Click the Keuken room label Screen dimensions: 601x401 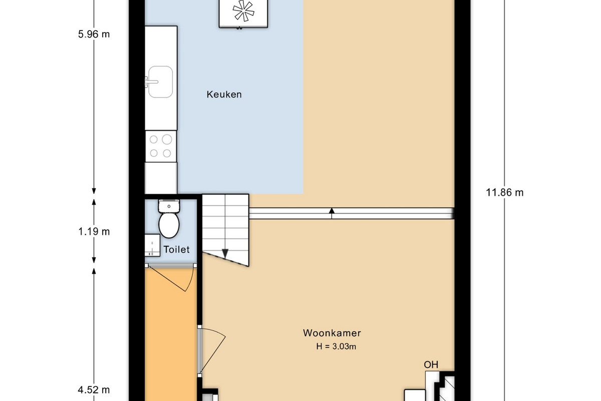(224, 95)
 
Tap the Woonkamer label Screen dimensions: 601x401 (332, 333)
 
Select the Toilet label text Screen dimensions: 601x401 (176, 250)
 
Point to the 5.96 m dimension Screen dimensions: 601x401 (94, 35)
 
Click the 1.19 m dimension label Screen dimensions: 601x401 (94, 232)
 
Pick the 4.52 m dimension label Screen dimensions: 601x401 (94, 390)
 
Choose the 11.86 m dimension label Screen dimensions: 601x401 (505, 192)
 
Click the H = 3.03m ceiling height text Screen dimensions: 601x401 (336, 346)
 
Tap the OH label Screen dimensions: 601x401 (431, 365)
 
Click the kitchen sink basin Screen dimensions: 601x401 (160, 82)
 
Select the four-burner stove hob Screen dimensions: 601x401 (161, 146)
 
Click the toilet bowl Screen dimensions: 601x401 (169, 225)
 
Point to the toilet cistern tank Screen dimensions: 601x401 (169, 206)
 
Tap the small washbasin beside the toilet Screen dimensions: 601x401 (152, 245)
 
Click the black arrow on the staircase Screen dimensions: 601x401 (225, 254)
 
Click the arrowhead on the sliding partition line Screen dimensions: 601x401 (332, 211)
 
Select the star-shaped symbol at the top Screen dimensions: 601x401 (243, 11)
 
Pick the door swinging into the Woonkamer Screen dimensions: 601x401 (212, 350)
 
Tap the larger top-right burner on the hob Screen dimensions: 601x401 (167, 139)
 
